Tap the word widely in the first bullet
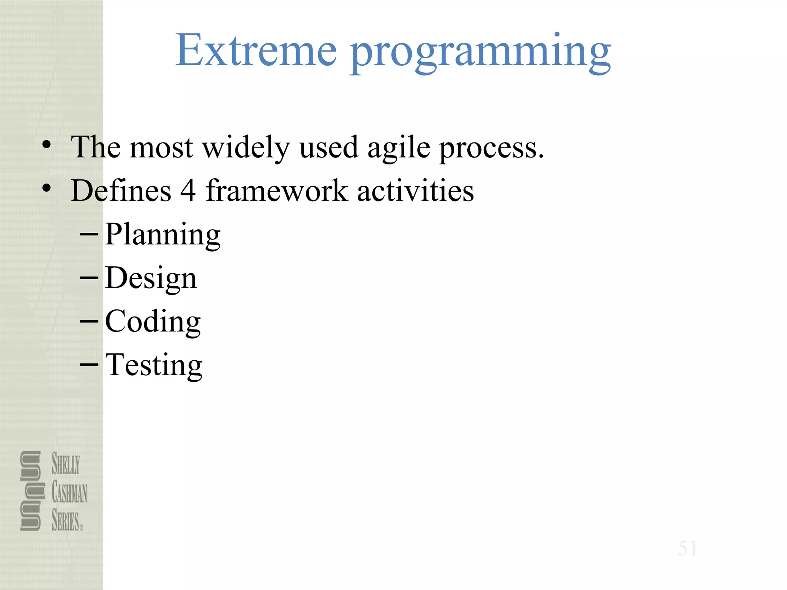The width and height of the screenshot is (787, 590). (246, 147)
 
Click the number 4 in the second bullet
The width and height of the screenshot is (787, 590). (188, 191)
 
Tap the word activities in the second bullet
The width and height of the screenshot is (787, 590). (415, 191)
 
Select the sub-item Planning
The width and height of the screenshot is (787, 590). (163, 235)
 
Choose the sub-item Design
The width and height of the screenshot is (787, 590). (151, 278)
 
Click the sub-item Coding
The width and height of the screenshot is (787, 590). (153, 322)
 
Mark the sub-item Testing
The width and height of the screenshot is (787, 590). (153, 365)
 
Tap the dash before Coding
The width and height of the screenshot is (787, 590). (89, 321)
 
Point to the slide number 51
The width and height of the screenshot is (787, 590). (687, 548)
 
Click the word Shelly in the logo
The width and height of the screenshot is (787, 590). (66, 464)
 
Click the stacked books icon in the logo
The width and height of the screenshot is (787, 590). (31, 491)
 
